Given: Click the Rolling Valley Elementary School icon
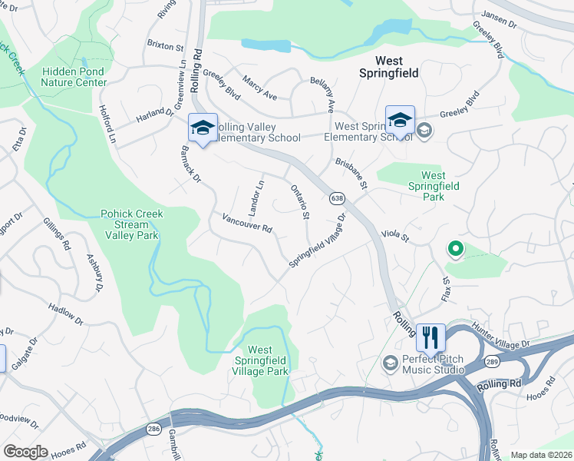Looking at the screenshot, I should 203,128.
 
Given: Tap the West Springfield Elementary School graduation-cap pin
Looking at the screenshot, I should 400,120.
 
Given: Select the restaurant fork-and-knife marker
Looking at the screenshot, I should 430,337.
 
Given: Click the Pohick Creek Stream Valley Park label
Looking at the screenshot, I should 130,224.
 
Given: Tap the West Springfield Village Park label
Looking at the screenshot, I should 261,360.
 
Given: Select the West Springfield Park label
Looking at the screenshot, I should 434,186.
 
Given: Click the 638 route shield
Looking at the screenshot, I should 338,198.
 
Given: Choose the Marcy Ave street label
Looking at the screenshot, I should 259,88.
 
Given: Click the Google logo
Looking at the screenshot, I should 25,452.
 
